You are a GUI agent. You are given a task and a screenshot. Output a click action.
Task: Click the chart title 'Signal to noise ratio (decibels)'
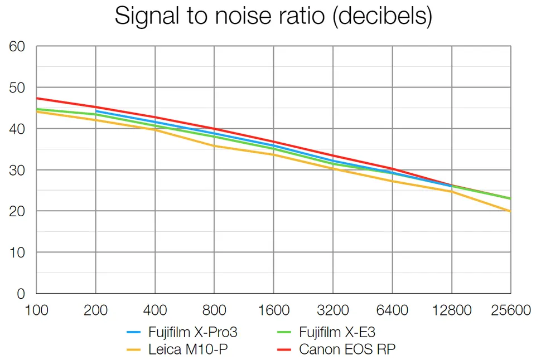(x=273, y=17)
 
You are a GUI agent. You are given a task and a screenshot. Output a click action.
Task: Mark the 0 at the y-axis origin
(x=21, y=293)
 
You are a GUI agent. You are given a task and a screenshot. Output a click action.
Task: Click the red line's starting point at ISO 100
(x=37, y=98)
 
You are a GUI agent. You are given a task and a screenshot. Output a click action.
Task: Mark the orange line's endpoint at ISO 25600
(x=510, y=211)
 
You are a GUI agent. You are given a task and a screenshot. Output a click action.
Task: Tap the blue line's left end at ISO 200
(x=96, y=111)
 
